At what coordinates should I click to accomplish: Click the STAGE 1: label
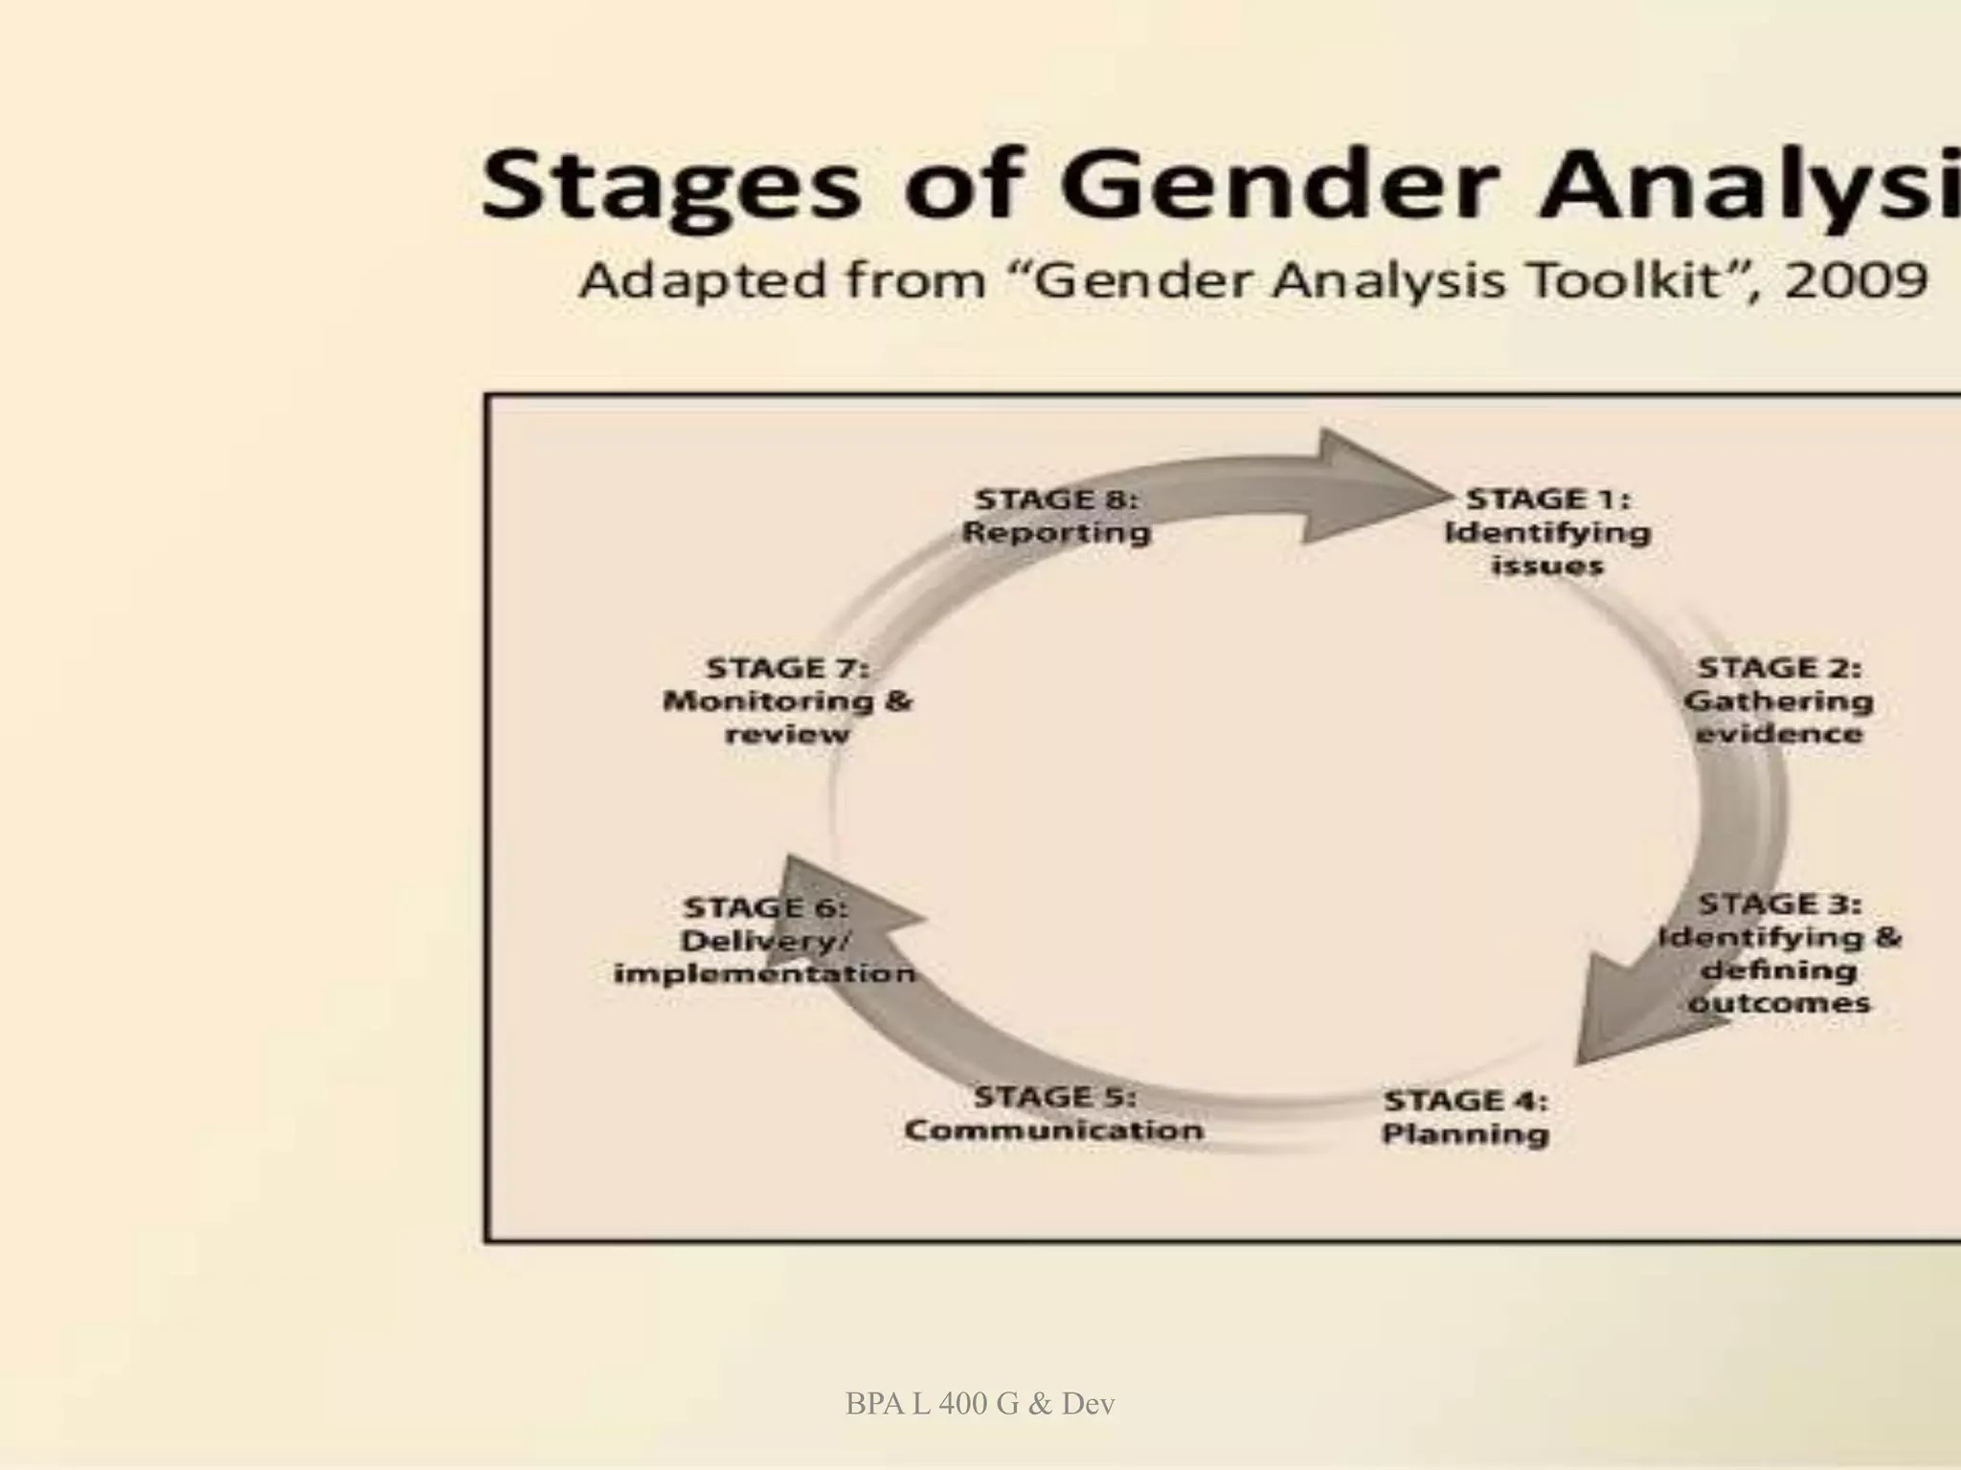tap(1547, 500)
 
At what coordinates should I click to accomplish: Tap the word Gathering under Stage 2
tap(1778, 702)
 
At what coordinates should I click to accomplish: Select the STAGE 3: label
tap(1779, 904)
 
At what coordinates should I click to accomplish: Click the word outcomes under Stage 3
tap(1779, 1004)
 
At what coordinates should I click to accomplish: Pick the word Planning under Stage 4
tap(1465, 1135)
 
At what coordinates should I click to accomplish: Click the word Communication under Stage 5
tap(1053, 1130)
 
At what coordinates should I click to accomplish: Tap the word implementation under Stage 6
tap(764, 974)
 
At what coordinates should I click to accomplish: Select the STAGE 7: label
tap(787, 668)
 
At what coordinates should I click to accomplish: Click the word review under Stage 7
tap(787, 735)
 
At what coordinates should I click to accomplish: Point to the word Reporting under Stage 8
tap(1056, 533)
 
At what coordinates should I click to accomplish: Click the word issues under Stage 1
tap(1546, 567)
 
